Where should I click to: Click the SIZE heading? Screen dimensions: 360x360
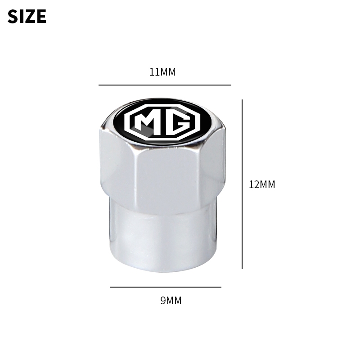(27, 16)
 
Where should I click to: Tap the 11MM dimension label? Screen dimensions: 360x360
(162, 72)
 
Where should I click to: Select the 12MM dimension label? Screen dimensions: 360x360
(262, 184)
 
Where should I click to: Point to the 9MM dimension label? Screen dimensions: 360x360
(171, 301)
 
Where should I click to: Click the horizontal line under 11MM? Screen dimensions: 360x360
(165, 85)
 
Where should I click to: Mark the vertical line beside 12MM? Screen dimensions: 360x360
(242, 184)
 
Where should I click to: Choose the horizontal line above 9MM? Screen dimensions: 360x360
(166, 287)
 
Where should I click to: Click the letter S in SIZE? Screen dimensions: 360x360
(13, 16)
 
